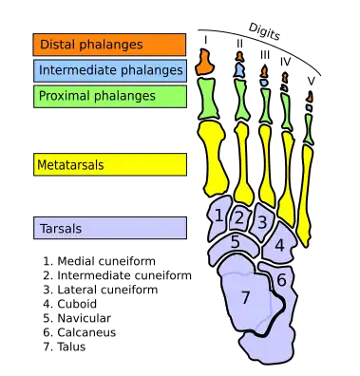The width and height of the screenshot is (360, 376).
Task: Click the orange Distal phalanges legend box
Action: click(109, 45)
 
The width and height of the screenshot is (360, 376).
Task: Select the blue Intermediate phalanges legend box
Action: click(109, 70)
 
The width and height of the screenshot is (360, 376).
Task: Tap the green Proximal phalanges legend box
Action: click(109, 96)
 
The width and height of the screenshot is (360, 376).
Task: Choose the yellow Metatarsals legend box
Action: click(109, 165)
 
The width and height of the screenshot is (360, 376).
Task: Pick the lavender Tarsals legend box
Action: click(109, 229)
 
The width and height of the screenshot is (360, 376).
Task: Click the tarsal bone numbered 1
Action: click(219, 216)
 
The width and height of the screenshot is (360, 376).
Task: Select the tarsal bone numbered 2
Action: click(239, 218)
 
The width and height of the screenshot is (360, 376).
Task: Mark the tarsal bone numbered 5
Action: click(236, 243)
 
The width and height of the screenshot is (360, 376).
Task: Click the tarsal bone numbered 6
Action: click(282, 280)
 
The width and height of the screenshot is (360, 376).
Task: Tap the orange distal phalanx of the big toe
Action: click(203, 65)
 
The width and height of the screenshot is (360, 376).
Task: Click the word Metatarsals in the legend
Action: click(70, 165)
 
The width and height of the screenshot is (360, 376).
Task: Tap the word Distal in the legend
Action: click(55, 45)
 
